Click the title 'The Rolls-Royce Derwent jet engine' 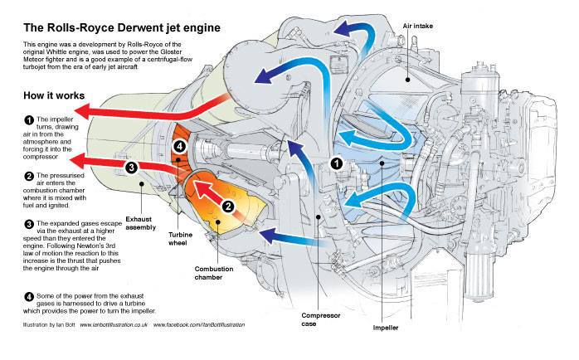tap(122, 28)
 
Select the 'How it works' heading tap(54, 95)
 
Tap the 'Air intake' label tap(417, 26)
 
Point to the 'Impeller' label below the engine tap(386, 328)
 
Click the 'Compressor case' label tap(320, 319)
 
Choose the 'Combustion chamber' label tap(214, 273)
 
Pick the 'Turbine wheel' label tap(180, 239)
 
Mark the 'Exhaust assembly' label tap(141, 223)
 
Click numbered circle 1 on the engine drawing tap(337, 163)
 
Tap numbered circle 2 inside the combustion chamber tap(228, 207)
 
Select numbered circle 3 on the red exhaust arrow tap(131, 168)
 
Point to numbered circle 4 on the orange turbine tap(179, 147)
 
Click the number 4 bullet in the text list tap(29, 296)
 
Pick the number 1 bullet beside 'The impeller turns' tap(29, 120)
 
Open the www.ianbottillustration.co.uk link tap(114, 325)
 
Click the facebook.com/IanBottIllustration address tap(199, 325)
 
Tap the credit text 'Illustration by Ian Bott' tap(49, 325)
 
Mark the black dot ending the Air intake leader tap(407, 80)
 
